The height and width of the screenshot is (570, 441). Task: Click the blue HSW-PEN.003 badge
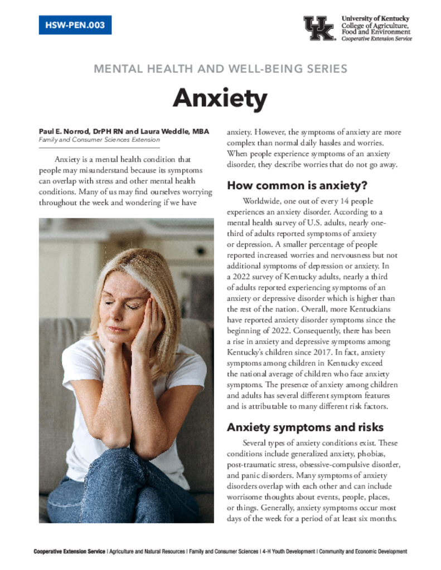(75, 25)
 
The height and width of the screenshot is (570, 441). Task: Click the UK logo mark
(318, 28)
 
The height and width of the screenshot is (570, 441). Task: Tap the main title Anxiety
(220, 99)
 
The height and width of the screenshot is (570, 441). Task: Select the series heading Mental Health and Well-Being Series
(220, 69)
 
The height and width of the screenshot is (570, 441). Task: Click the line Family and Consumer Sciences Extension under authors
(99, 140)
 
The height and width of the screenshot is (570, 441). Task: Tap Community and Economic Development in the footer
(364, 552)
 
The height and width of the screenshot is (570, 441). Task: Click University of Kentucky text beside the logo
(375, 19)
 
